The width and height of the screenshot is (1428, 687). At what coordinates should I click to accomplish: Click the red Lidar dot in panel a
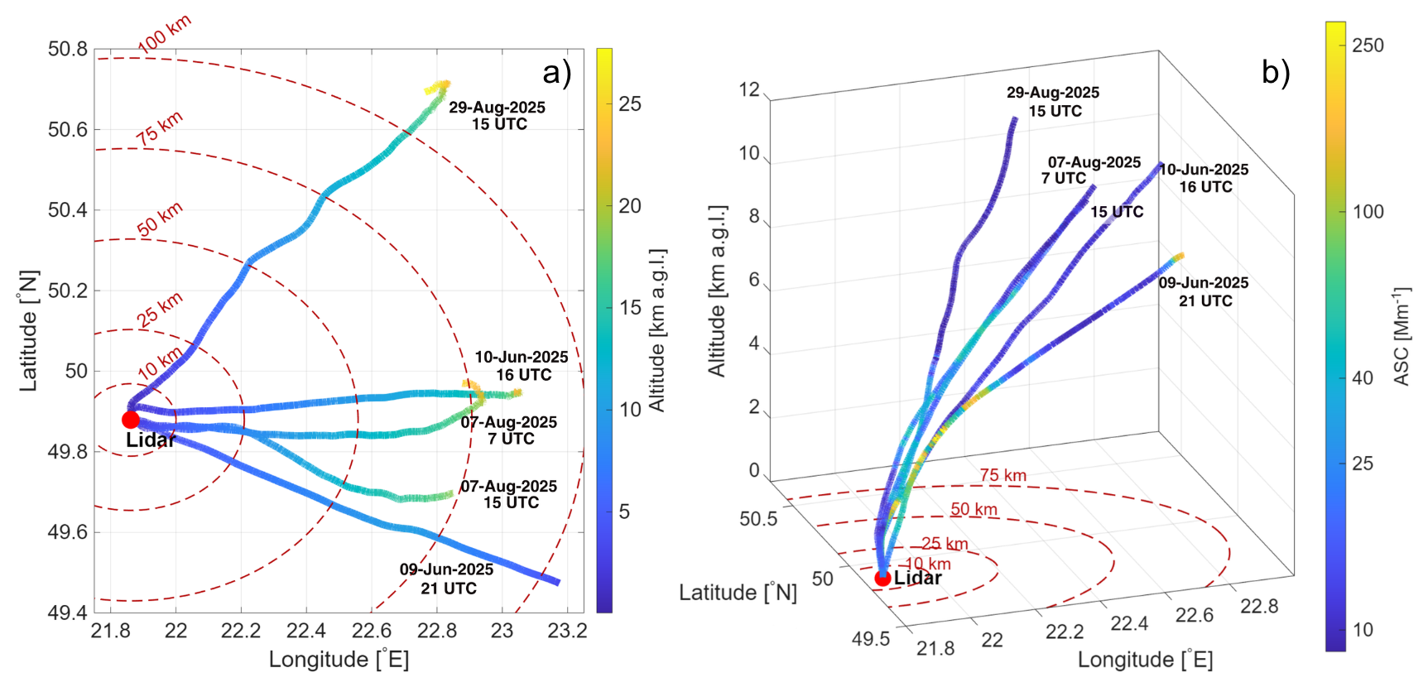click(131, 420)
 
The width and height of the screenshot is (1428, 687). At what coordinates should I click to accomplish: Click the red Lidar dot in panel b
click(883, 579)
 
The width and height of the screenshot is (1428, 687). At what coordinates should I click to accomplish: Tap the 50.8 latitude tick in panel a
click(67, 49)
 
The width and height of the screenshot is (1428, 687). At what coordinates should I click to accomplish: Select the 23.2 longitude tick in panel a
click(567, 631)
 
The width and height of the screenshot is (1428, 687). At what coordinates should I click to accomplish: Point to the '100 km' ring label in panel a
click(164, 35)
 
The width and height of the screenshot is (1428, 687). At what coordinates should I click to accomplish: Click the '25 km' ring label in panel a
click(159, 310)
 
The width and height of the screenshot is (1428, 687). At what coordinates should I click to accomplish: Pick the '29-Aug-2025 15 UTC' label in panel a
click(498, 116)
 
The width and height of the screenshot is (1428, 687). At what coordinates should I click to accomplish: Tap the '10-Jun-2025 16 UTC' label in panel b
click(1204, 178)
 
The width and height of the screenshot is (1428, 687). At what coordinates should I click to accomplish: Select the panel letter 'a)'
click(557, 73)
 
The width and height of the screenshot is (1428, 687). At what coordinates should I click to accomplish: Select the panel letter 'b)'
click(1276, 73)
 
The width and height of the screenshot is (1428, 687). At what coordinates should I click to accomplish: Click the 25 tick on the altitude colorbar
click(630, 103)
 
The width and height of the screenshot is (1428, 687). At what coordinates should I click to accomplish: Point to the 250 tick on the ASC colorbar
click(1368, 46)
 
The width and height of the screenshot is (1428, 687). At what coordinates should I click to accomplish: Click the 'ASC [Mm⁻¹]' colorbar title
click(1401, 336)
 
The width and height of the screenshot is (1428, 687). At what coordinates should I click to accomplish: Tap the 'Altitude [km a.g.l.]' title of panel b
click(717, 291)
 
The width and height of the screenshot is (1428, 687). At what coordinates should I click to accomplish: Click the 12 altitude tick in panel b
click(749, 89)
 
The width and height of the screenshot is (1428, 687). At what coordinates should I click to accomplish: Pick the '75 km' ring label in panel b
click(1003, 475)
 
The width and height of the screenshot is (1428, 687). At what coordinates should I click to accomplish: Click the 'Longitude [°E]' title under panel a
click(339, 660)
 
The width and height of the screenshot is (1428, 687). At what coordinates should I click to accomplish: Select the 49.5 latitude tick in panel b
click(871, 639)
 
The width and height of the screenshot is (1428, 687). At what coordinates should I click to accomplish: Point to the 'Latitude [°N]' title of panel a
click(29, 330)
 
